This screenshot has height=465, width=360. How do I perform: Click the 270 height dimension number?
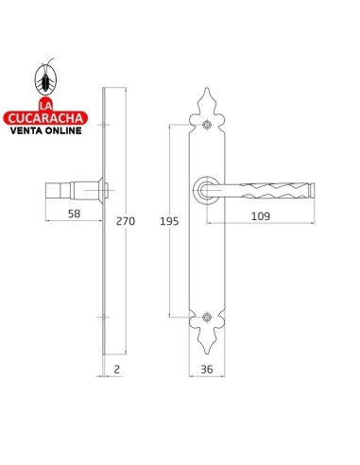click(x=126, y=221)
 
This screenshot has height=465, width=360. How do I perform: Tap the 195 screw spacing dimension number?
click(x=169, y=221)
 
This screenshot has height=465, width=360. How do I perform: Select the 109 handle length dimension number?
click(x=261, y=216)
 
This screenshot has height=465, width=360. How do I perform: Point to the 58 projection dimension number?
click(x=75, y=214)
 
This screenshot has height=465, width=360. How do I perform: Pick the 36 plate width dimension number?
click(x=207, y=369)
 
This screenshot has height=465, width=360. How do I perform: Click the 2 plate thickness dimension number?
click(x=117, y=369)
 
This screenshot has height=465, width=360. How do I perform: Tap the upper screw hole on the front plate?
click(x=207, y=125)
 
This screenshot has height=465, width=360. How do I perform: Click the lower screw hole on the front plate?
click(x=207, y=318)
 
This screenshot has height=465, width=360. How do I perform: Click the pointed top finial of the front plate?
click(x=207, y=90)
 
